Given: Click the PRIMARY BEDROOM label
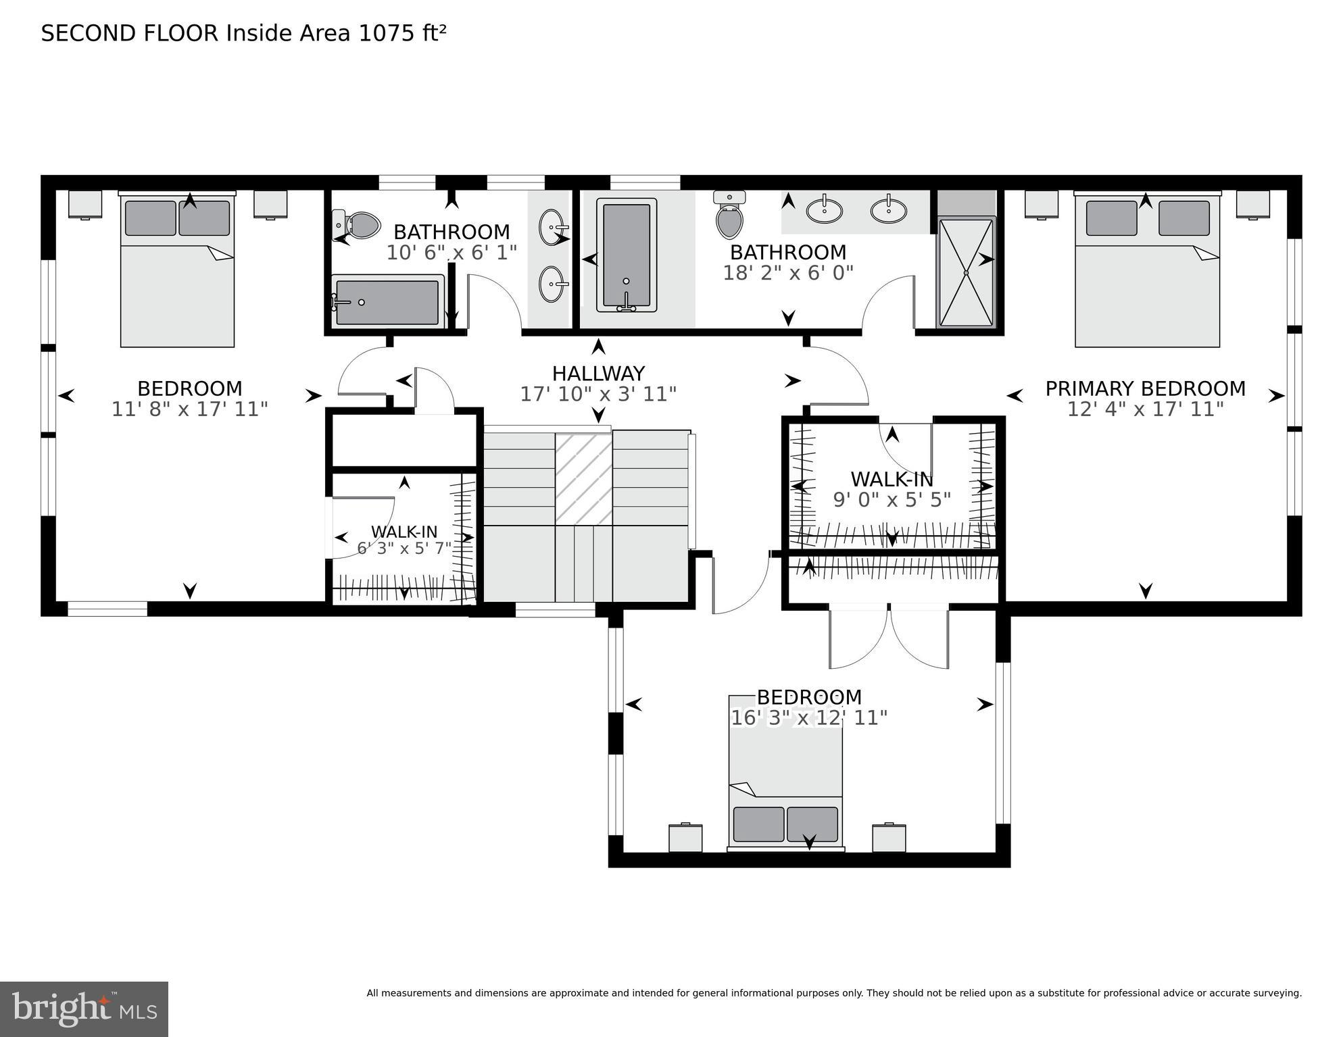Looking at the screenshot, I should click(1145, 388).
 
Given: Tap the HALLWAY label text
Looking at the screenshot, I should click(598, 373).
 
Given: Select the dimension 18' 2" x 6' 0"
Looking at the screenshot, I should click(788, 273).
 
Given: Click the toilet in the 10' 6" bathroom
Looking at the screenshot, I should click(361, 225).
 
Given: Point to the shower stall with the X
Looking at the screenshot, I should click(966, 272).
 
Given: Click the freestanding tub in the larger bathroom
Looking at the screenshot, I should click(626, 255).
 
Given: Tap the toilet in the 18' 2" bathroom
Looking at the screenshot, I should click(729, 216).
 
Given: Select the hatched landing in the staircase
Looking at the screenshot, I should click(583, 478).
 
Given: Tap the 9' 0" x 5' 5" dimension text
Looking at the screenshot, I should click(892, 500).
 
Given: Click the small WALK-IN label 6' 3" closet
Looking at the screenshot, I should click(404, 532).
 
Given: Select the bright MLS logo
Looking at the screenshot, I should click(84, 1009).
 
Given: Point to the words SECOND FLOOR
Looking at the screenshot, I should click(130, 33).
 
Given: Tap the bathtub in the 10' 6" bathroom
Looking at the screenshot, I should click(387, 302).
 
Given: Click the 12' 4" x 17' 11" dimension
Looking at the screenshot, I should click(1145, 409).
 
